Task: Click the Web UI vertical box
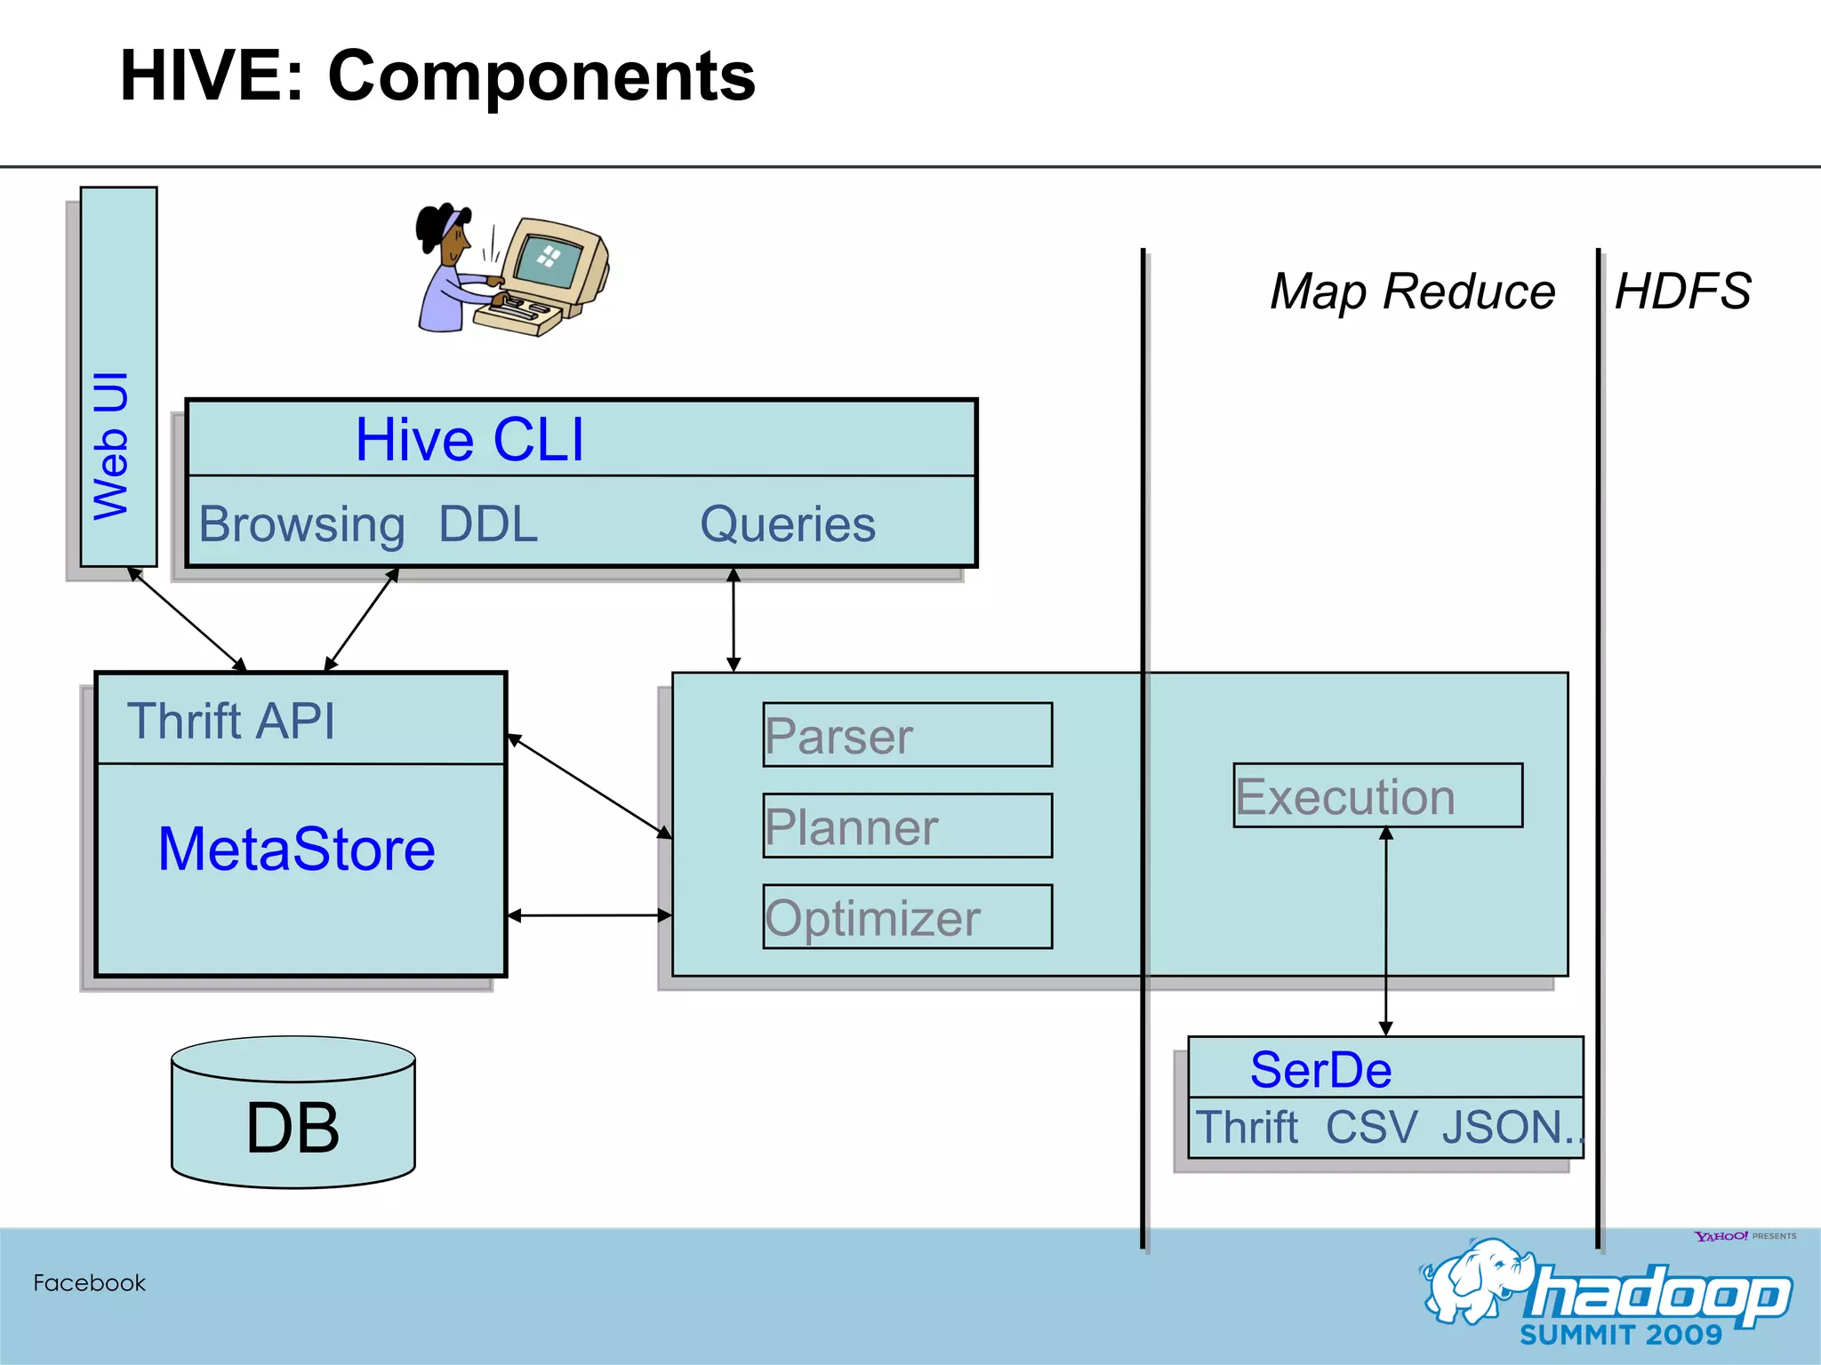(118, 376)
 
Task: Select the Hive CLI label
(469, 439)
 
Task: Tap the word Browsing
(301, 523)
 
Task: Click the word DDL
(488, 523)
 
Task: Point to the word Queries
(788, 523)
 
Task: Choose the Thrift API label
(231, 720)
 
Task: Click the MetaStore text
(296, 849)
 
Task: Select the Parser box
(907, 735)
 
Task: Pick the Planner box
(907, 826)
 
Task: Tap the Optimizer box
(907, 916)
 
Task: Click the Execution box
(1377, 795)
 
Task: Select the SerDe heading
(1320, 1069)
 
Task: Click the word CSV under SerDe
(1371, 1127)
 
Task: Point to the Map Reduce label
(1412, 291)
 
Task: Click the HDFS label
(1682, 291)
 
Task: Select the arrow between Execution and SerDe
(1385, 931)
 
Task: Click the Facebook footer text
(89, 1282)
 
